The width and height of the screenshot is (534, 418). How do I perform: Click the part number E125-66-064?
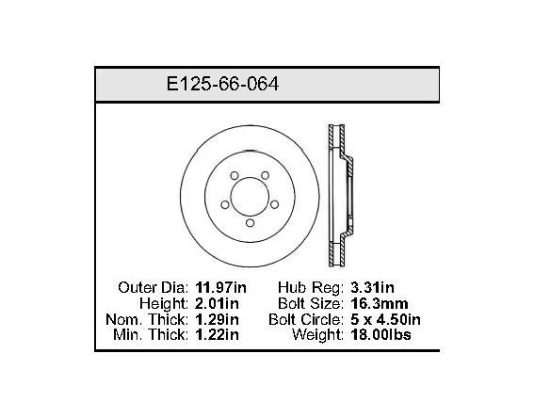tap(222, 84)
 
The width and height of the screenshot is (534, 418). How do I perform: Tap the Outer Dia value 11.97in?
tap(220, 288)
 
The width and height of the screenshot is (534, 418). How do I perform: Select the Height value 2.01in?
tap(217, 303)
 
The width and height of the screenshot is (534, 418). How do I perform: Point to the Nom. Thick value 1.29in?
tap(217, 319)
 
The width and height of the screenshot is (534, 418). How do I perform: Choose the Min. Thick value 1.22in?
tap(217, 334)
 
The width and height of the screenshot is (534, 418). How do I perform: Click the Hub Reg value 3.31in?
tap(372, 288)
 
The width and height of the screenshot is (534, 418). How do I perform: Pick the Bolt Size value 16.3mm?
tap(379, 303)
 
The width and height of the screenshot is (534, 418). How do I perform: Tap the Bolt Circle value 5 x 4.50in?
tap(385, 319)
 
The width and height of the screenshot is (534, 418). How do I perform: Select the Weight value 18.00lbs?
tap(380, 334)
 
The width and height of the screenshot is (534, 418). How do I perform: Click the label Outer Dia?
tap(153, 288)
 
